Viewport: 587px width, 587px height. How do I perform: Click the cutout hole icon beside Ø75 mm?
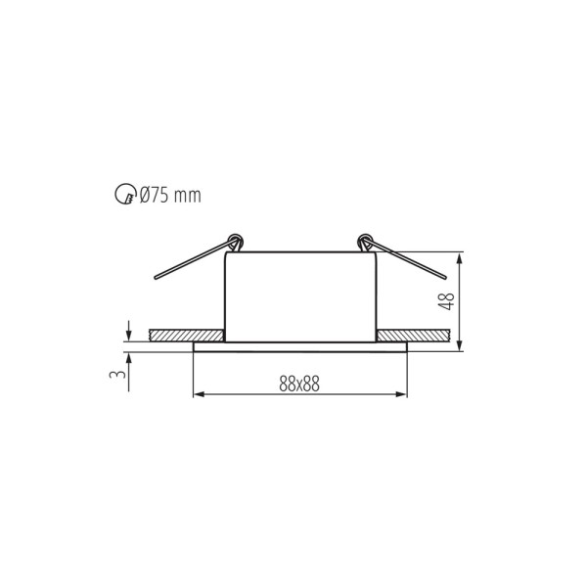pos(124,196)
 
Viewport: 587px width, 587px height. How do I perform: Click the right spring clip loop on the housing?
pos(365,240)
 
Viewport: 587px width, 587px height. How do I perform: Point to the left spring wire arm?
pos(191,262)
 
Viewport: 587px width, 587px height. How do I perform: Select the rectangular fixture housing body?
pos(300,293)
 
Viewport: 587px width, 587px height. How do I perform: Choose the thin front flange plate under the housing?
pos(300,345)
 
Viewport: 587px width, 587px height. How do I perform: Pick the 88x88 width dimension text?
pos(299,384)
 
